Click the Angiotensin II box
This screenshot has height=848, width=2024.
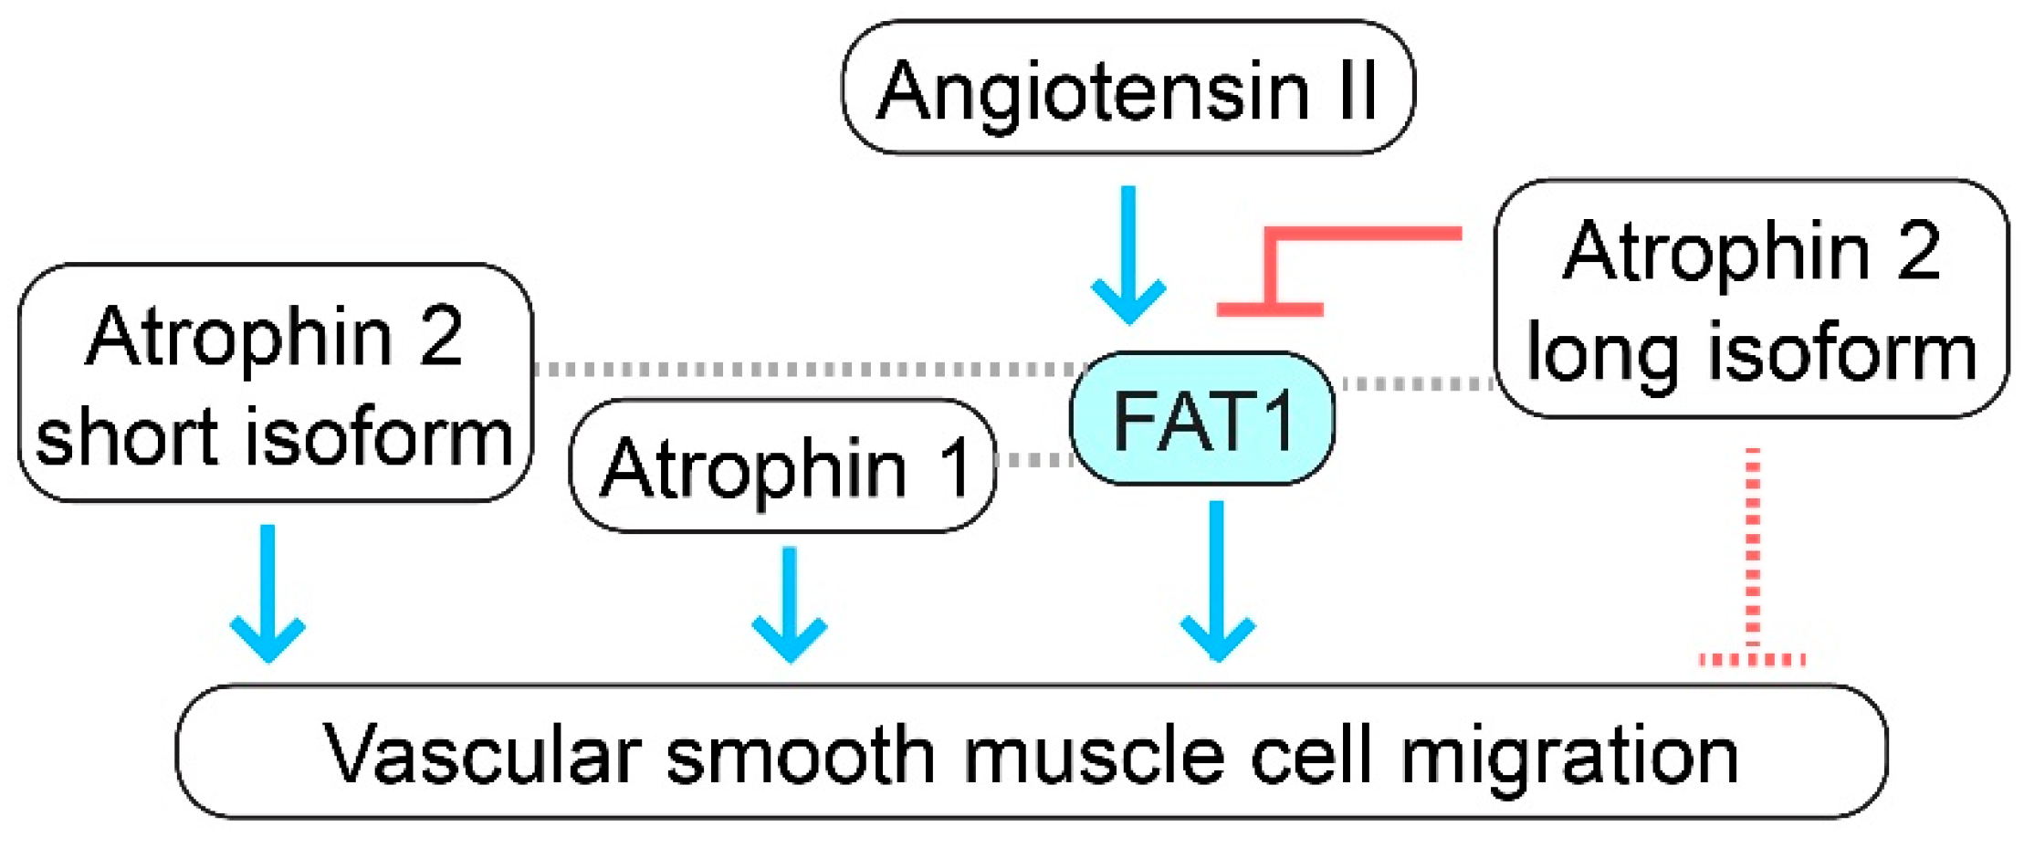coord(1127,88)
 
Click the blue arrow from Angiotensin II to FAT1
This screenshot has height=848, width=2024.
coord(1128,256)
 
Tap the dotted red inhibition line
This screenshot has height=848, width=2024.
coord(1752,557)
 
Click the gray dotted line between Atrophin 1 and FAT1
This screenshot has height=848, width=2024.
coord(1033,460)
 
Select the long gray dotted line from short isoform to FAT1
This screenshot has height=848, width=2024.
coord(803,370)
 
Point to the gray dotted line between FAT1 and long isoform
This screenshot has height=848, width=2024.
coord(1415,384)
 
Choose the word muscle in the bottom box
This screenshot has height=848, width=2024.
coord(1093,756)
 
